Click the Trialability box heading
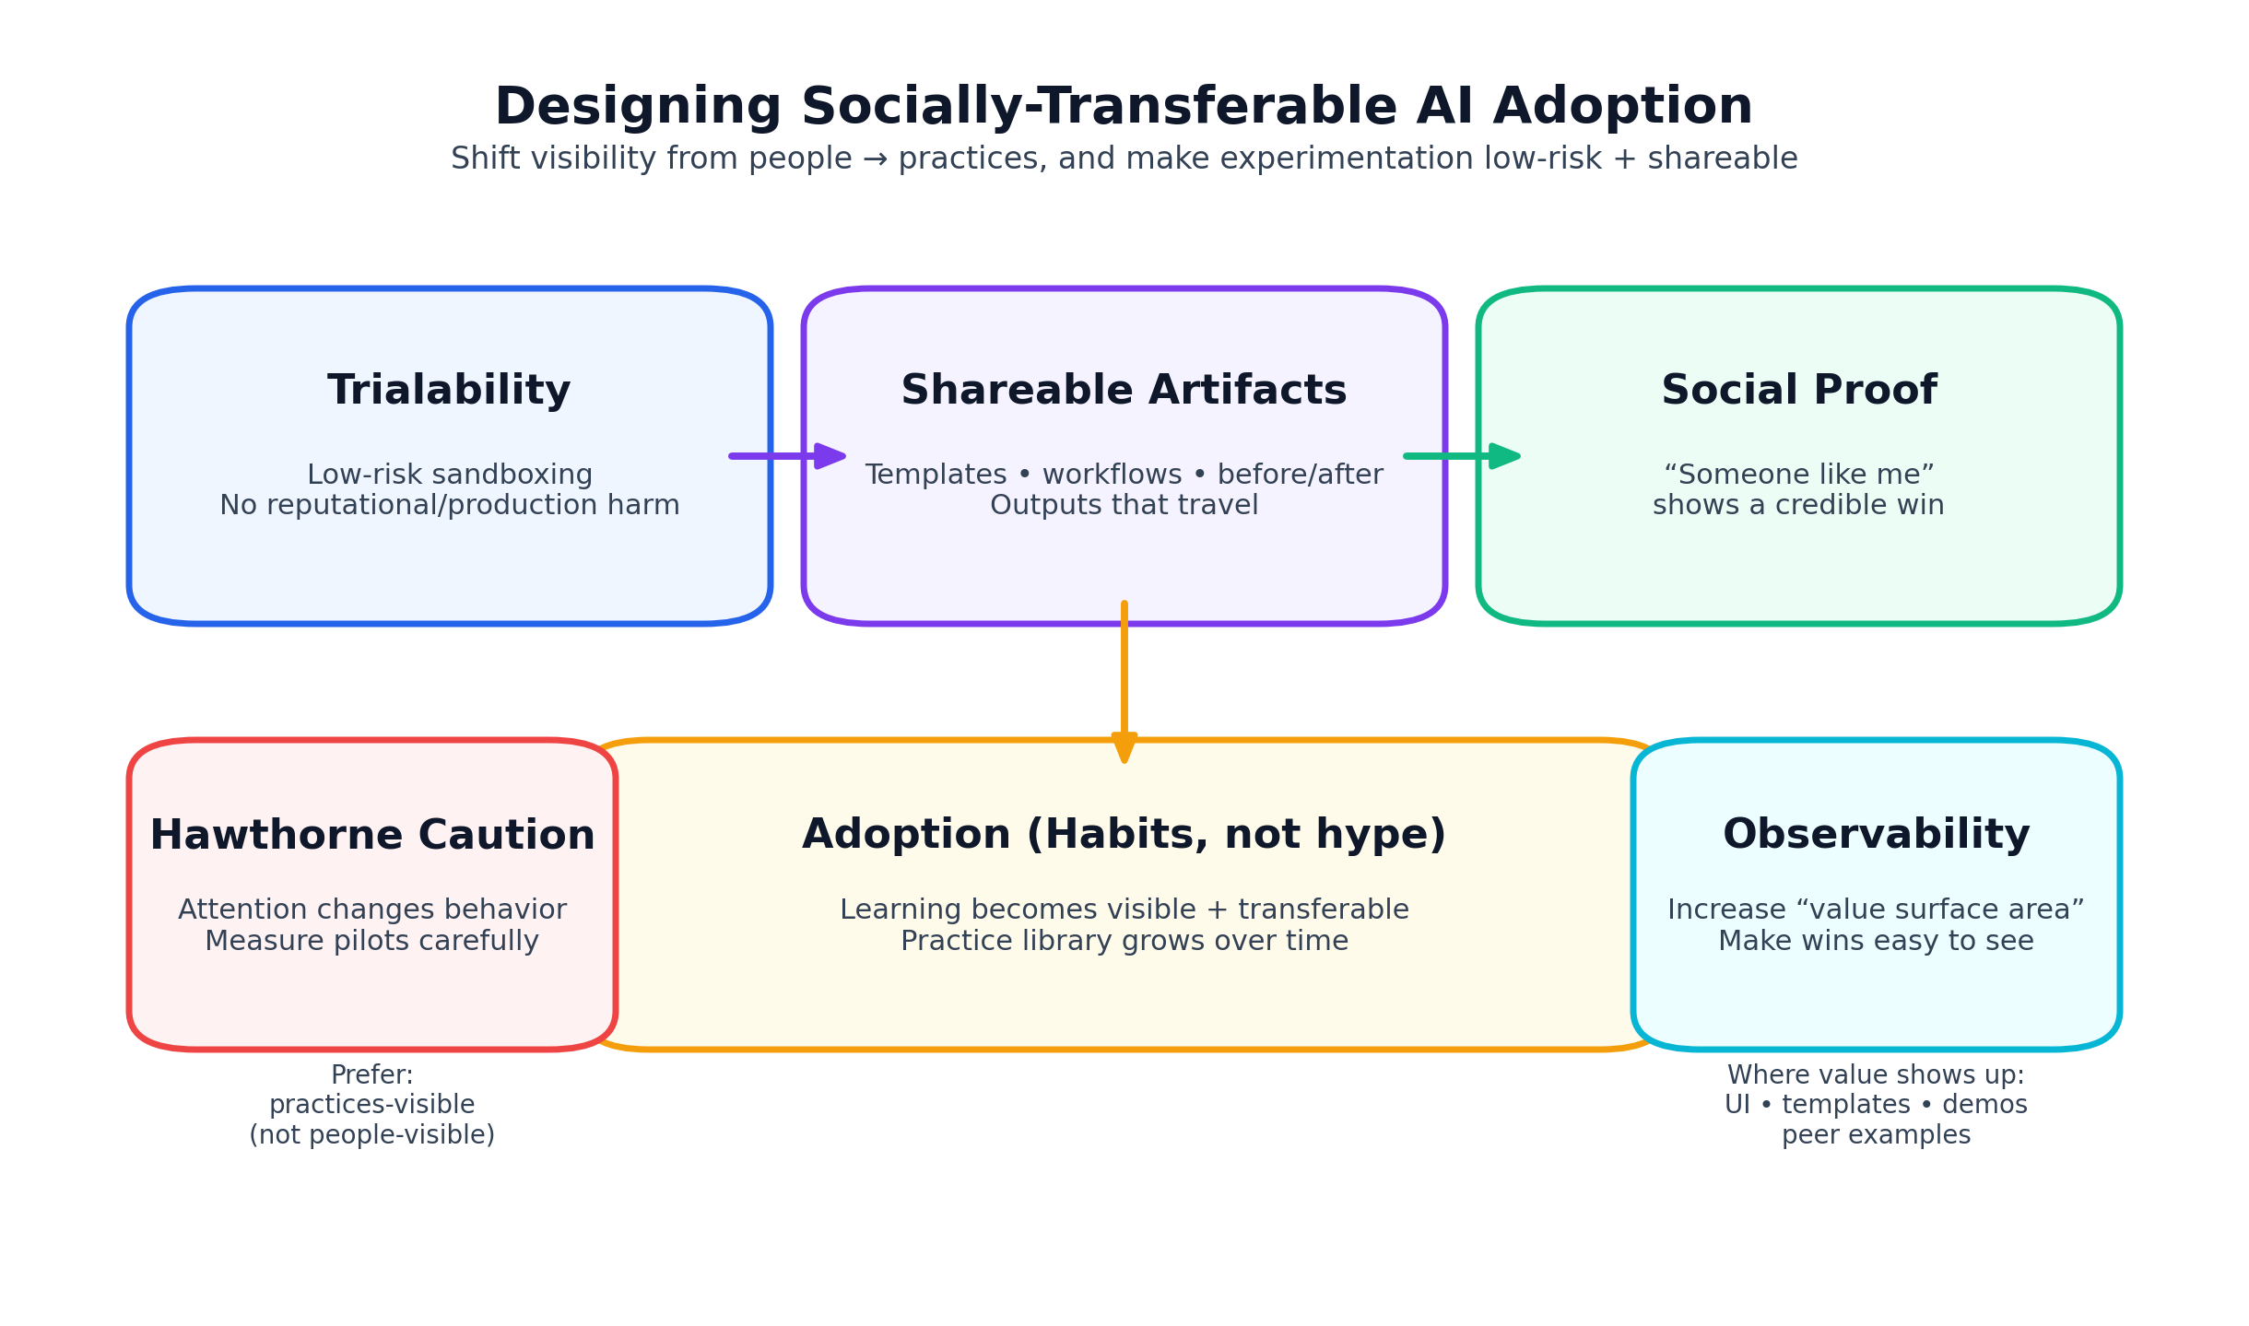(449, 391)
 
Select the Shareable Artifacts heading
(1124, 391)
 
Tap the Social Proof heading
(1798, 391)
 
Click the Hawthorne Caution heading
(371, 836)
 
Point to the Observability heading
(1876, 835)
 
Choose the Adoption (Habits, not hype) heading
(1124, 835)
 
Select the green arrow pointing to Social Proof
(1461, 456)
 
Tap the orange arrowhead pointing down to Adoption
(1124, 747)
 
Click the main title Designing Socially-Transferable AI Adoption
(1124, 107)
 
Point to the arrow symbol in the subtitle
(875, 159)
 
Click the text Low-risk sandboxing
(449, 475)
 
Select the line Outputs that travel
(1124, 506)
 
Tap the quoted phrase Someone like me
(1798, 475)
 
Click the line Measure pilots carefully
(371, 942)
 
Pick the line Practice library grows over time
(1124, 942)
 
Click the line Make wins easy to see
(1876, 942)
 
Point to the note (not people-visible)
(371, 1135)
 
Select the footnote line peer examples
(1876, 1135)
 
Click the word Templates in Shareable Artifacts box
(936, 475)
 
